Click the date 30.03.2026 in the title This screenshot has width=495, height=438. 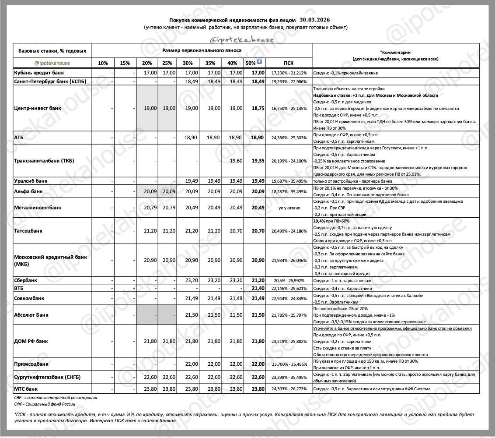click(x=315, y=20)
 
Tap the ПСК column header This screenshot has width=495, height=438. click(x=289, y=63)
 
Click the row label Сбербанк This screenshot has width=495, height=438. click(x=26, y=280)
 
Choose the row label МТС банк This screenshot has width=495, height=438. click(x=26, y=389)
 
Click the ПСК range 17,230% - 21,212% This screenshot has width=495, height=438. click(x=289, y=73)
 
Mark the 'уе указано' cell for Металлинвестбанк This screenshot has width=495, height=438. click(x=289, y=208)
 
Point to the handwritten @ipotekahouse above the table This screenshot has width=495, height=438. click(x=242, y=40)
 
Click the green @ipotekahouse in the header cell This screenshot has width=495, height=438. click(x=52, y=63)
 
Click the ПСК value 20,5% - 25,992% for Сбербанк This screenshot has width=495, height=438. click(x=289, y=280)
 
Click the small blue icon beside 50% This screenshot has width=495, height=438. click(x=259, y=62)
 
